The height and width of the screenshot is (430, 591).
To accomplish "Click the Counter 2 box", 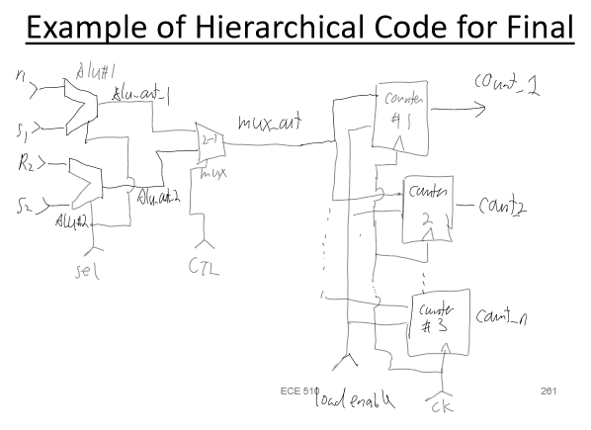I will [427, 207].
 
